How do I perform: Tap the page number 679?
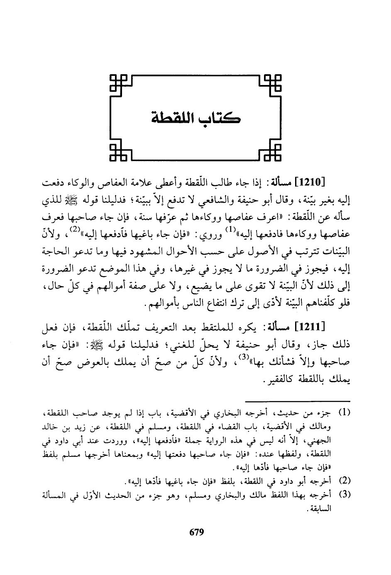pos(195,532)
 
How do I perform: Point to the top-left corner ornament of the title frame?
pos(119,82)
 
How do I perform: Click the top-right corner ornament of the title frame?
pos(273,82)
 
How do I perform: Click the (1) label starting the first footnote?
pos(345,414)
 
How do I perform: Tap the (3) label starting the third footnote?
pos(345,494)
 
